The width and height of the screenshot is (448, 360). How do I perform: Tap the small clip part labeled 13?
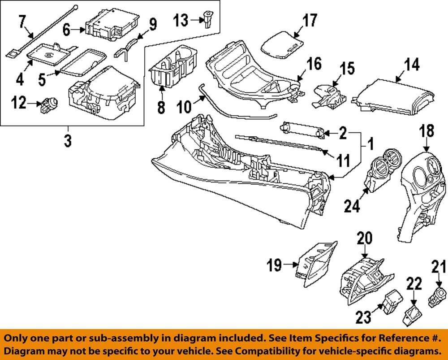pyautogui.click(x=208, y=20)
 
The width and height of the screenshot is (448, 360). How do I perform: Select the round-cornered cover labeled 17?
pyautogui.click(x=281, y=44)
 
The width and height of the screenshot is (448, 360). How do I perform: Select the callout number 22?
pyautogui.click(x=414, y=283)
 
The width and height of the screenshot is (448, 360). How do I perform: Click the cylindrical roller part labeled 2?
pyautogui.click(x=300, y=131)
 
